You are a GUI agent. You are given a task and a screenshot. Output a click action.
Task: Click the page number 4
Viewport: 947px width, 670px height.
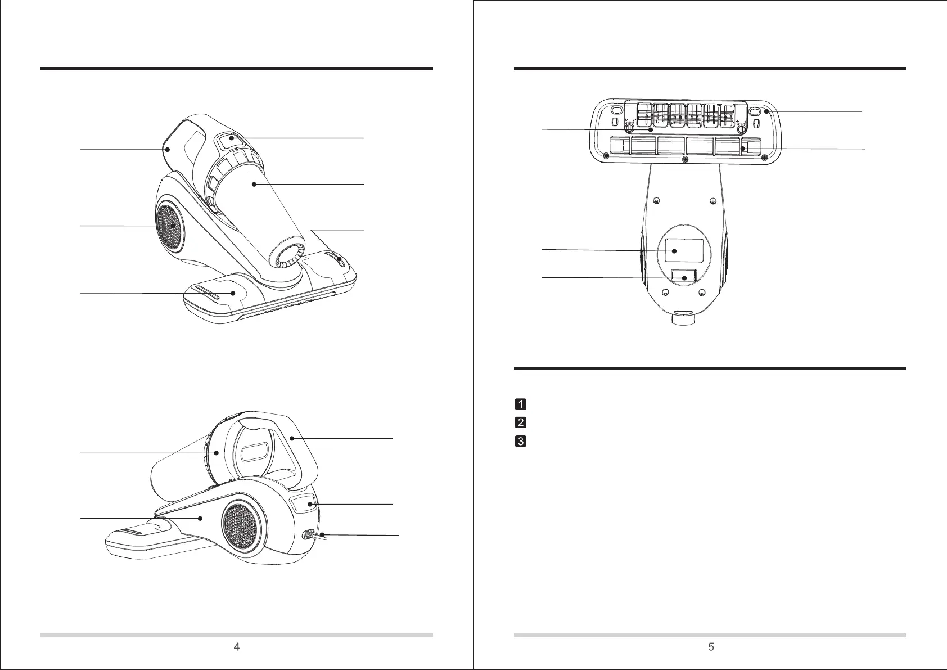coord(237,647)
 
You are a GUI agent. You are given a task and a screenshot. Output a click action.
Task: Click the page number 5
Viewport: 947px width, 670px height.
coord(711,647)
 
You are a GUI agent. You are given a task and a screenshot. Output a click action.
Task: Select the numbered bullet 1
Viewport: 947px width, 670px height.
coord(521,404)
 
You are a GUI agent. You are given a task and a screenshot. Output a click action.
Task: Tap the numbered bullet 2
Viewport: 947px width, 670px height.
coord(521,422)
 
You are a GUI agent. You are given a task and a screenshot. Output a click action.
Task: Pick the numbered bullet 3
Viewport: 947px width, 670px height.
coord(521,442)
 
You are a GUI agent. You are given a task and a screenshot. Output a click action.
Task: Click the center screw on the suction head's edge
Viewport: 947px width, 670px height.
coord(684,160)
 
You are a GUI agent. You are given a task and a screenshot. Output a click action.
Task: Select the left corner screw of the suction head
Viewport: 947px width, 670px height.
coord(605,156)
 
